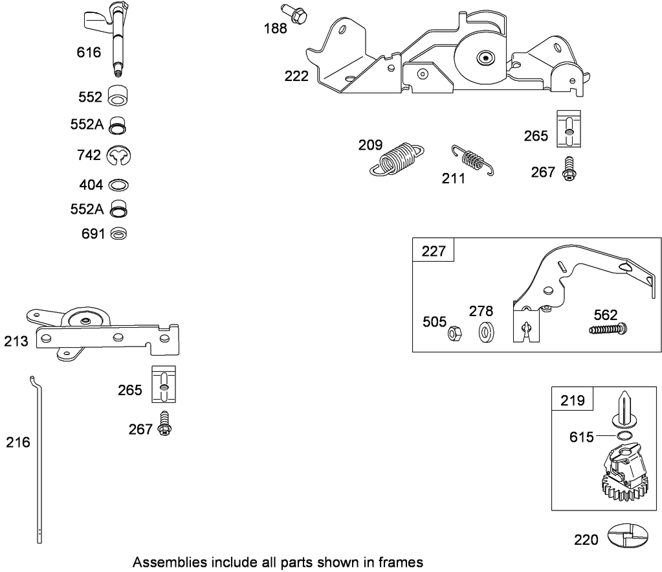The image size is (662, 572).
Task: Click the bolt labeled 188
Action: (x=293, y=13)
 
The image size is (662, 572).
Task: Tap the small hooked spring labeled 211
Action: (x=472, y=159)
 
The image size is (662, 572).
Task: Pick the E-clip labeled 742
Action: (x=118, y=155)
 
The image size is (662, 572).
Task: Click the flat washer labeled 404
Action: (x=117, y=185)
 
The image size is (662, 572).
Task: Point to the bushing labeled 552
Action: (x=117, y=95)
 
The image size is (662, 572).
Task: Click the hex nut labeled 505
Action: (x=454, y=334)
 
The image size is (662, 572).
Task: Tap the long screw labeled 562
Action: (x=608, y=329)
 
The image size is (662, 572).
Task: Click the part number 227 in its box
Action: (x=434, y=251)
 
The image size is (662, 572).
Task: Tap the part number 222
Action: (x=296, y=76)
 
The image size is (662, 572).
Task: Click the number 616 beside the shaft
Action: (x=89, y=52)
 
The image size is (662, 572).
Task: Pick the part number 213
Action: (x=16, y=341)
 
